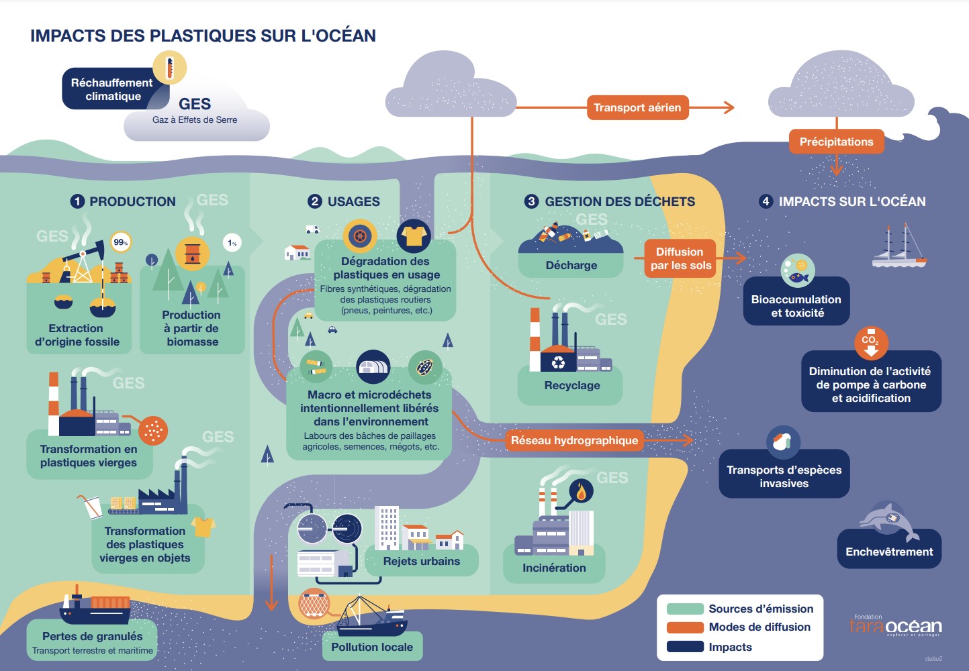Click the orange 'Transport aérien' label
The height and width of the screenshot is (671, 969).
point(637,107)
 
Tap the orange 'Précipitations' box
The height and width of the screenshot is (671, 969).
point(836,142)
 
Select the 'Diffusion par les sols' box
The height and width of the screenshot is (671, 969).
point(680,258)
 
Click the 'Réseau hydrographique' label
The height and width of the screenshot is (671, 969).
point(574,440)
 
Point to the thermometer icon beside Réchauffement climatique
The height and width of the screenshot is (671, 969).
point(170,68)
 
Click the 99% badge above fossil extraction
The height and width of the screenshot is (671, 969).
point(121,242)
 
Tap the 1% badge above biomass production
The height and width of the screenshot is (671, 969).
point(232,243)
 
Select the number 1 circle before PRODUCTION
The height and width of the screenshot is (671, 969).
point(77,201)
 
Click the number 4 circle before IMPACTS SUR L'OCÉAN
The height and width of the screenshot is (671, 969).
point(766,201)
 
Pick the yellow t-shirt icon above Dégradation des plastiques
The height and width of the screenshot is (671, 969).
point(413,236)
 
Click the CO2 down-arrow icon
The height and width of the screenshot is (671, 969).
point(870,342)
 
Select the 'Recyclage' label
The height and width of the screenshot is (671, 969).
point(571,386)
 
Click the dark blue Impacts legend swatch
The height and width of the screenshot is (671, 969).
point(685,647)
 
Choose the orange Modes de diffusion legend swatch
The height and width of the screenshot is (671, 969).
point(685,627)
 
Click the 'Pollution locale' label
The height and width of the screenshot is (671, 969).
point(372,647)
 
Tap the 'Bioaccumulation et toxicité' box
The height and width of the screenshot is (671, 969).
point(796,306)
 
